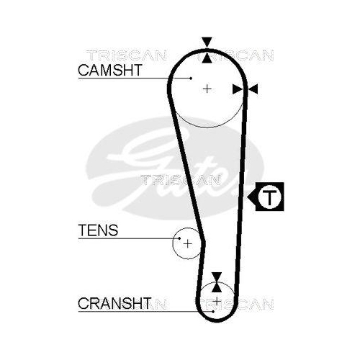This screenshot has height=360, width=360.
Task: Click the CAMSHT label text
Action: click(110, 70)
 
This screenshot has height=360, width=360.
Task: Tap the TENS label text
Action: click(98, 230)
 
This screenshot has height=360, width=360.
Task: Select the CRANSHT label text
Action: click(114, 303)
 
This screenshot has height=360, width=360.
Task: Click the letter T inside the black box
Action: click(269, 197)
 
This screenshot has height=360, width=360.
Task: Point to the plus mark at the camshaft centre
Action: click(207, 89)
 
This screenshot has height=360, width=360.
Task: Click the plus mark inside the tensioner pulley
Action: click(188, 244)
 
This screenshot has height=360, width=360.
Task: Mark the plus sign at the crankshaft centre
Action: click(217, 300)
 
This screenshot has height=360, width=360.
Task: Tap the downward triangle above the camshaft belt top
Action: click(207, 42)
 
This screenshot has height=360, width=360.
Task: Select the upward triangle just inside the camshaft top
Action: click(207, 58)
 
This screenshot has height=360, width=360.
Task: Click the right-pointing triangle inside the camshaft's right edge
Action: click(238, 89)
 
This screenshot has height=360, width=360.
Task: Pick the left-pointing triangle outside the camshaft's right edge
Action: click(253, 89)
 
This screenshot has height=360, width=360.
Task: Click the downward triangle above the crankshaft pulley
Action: click(217, 276)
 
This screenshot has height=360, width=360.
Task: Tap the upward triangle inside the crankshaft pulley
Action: click(217, 287)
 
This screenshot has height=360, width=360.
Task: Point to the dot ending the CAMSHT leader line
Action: click(191, 78)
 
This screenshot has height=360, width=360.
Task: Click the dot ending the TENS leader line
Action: click(179, 238)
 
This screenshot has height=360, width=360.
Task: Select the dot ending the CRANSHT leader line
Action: click(213, 312)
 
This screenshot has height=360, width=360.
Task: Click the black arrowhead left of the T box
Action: click(251, 197)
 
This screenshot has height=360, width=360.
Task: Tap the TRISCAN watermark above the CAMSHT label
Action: click(127, 55)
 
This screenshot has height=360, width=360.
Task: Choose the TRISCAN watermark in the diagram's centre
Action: click(181, 180)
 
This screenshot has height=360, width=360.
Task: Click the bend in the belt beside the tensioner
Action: click(204, 243)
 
